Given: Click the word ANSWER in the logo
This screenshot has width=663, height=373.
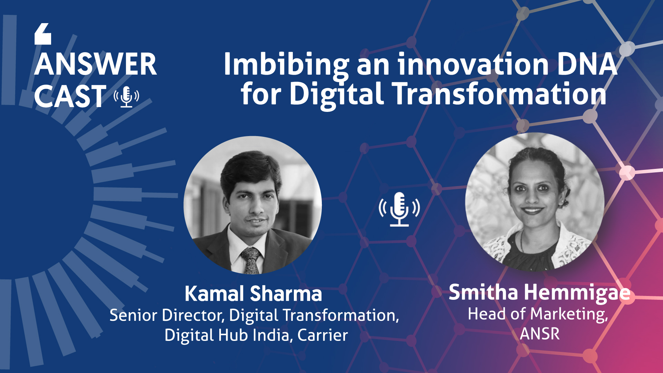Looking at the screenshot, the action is (x=96, y=64).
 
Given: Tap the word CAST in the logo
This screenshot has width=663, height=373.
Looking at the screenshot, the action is (x=70, y=96).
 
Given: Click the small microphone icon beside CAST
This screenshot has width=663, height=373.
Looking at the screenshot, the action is (x=126, y=97).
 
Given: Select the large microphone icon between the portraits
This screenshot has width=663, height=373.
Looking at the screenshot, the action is (x=399, y=209).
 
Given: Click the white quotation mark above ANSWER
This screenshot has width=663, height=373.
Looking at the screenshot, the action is (x=43, y=34).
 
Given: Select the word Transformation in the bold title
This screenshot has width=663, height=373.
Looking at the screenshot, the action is (x=500, y=94).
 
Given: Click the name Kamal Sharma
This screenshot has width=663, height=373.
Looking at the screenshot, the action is (x=253, y=294).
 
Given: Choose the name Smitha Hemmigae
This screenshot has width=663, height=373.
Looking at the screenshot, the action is (x=539, y=293).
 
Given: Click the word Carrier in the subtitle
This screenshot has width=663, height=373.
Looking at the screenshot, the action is (x=323, y=335).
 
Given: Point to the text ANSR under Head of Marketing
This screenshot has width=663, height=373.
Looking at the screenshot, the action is (x=540, y=334).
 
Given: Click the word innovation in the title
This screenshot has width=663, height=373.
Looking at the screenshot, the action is (x=473, y=64).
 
